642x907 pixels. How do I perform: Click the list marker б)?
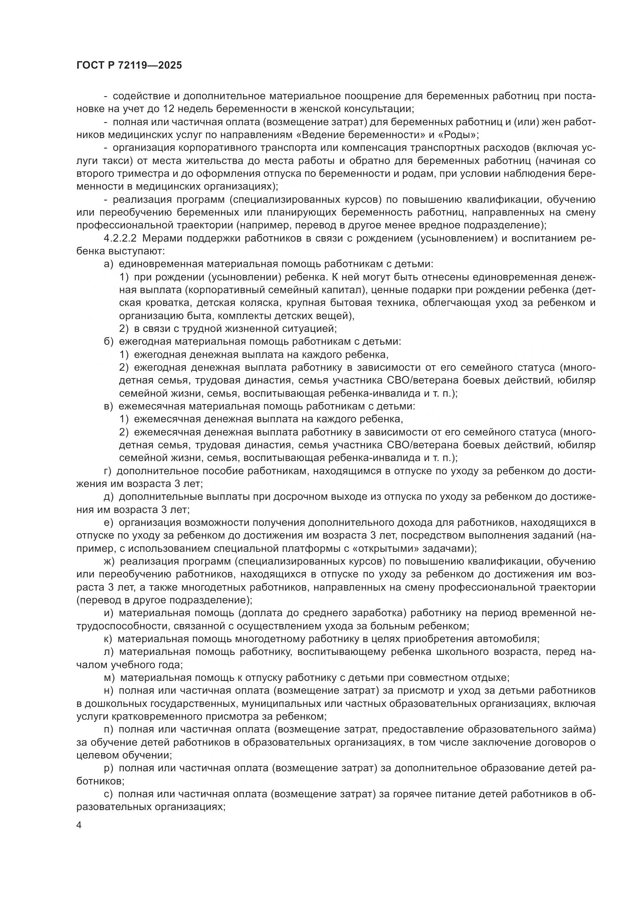pos(109,341)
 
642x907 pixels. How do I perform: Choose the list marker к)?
pos(108,639)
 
